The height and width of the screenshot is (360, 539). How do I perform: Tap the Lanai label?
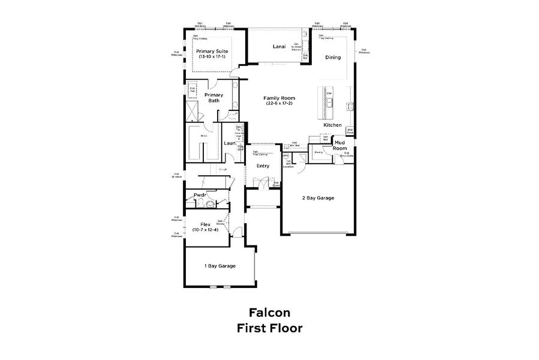pos(278,46)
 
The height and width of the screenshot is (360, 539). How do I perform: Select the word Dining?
pos(333,58)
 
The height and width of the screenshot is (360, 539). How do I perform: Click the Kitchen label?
pos(332,125)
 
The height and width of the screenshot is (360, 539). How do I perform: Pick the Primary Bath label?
pos(214,98)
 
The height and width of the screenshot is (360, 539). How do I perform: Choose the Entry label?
pos(263,166)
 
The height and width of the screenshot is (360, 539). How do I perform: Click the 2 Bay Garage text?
pos(318,198)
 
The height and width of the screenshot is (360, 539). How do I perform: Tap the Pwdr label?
pos(200,194)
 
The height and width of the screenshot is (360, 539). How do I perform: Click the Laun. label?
pos(229,143)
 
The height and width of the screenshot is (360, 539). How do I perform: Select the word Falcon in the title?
pos(270,313)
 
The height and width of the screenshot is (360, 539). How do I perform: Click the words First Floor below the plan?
pos(270,328)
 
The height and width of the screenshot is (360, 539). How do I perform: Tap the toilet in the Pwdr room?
pos(210,203)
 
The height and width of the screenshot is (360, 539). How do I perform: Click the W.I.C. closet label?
pos(204,136)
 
